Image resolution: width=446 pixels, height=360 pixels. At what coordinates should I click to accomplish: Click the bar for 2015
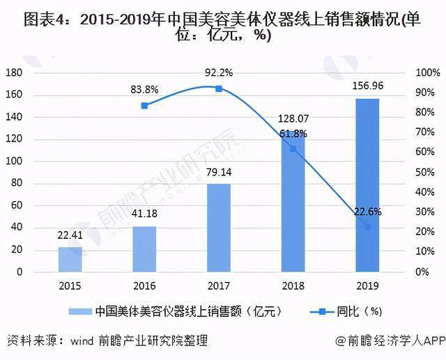tap(70, 259)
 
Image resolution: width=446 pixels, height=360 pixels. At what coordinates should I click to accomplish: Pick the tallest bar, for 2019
tap(367, 185)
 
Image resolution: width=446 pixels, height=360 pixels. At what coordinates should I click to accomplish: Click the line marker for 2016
tap(144, 106)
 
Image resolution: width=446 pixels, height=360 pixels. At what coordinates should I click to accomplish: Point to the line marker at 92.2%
tap(218, 88)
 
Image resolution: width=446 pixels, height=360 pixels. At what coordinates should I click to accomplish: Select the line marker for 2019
tap(367, 227)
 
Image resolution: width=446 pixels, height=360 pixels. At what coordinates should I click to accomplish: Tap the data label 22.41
tap(70, 235)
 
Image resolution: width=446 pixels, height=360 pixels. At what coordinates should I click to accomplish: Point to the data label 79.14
tap(218, 172)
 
